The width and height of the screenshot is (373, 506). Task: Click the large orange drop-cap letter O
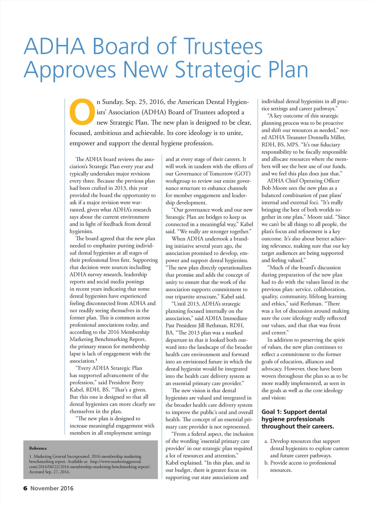point(82,111)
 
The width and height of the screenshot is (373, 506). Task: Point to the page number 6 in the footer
point(25,488)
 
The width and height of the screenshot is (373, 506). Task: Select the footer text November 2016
point(52,488)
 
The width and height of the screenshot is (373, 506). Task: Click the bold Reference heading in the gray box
point(38,448)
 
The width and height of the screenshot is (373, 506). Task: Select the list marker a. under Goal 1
point(266,441)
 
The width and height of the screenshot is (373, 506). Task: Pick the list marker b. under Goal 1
point(266,463)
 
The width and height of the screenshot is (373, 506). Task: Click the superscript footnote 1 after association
point(96,360)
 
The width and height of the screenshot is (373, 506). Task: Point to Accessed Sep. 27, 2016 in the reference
point(49,472)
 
